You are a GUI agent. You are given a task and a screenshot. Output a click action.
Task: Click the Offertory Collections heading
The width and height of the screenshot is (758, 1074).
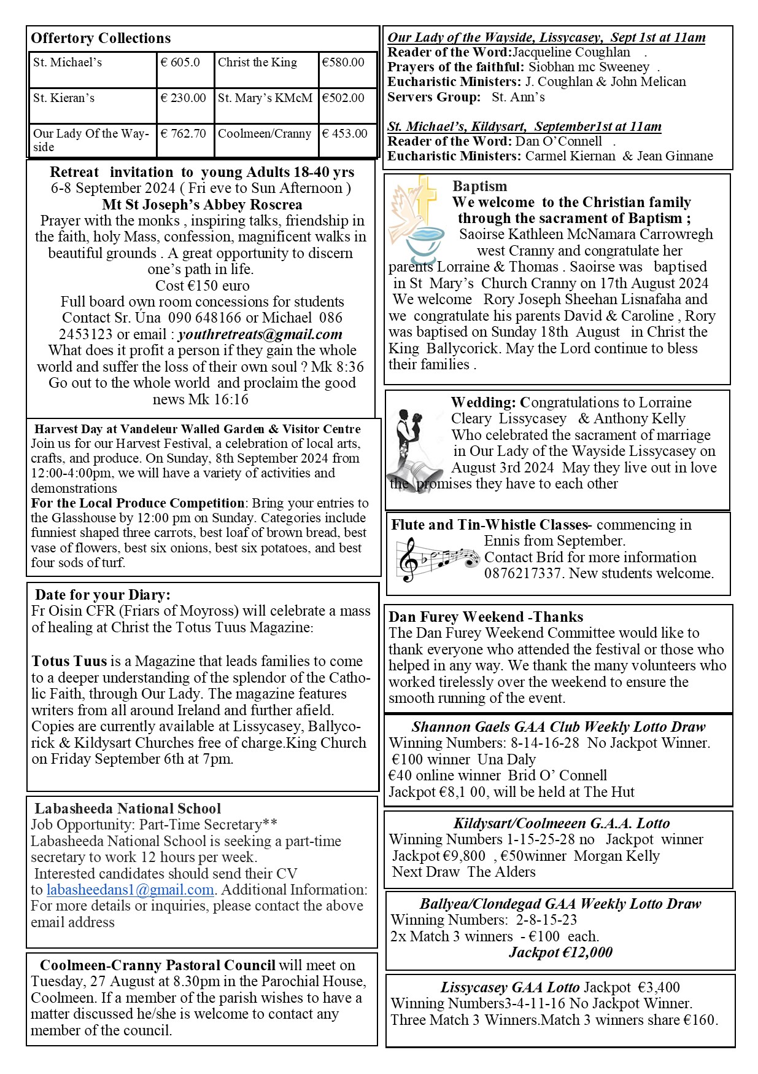[101, 38]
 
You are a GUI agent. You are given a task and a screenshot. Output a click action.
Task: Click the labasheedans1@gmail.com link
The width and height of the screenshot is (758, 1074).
[130, 890]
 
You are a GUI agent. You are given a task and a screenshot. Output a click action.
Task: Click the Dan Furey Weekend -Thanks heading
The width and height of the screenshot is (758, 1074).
[485, 617]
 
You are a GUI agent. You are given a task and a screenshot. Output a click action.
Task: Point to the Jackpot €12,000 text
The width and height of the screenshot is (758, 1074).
[560, 952]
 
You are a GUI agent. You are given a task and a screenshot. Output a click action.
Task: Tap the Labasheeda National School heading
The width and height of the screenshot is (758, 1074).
[128, 809]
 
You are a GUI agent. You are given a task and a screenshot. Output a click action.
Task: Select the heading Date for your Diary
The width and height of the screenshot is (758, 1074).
[102, 595]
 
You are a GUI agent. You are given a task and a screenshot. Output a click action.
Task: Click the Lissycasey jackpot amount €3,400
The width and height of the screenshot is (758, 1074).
[659, 987]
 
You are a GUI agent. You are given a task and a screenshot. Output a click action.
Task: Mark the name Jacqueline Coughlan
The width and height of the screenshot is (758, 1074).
[571, 52]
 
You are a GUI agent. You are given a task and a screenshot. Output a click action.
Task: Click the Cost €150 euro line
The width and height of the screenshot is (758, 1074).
[202, 286]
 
